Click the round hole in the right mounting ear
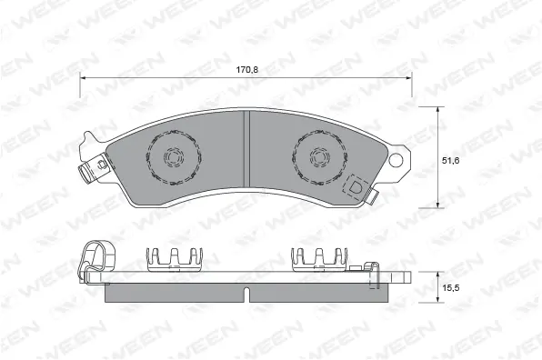click(396, 160)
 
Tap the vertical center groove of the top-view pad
click(246, 155)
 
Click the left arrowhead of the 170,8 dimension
click(84, 78)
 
